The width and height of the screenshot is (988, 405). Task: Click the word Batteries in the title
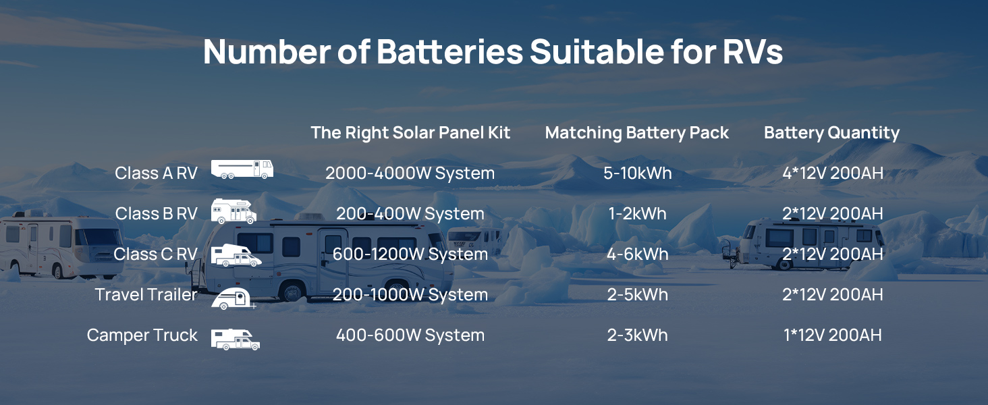coord(449,51)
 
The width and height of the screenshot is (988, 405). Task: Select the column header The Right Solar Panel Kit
coord(410,132)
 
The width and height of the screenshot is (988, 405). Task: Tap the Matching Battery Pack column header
coord(637,133)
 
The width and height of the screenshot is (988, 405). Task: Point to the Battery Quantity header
coord(832,133)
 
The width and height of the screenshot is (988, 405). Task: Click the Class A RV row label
coord(156,173)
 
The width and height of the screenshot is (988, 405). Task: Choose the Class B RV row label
coord(156,213)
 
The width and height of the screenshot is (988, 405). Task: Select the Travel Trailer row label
coord(146,294)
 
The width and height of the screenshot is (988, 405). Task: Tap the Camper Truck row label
coord(142,335)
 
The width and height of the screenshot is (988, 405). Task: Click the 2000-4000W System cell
coord(410,173)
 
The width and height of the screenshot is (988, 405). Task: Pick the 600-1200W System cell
coord(410,254)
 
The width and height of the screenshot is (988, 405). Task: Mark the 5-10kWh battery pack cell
coord(637,173)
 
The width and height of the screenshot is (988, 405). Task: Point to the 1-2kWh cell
coord(637,213)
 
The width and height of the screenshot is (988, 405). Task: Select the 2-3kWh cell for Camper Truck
coord(637,335)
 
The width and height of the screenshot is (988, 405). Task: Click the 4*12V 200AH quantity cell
coord(833,173)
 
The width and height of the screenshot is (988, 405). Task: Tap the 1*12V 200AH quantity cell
coord(833,335)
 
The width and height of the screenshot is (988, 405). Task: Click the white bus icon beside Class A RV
coord(242,169)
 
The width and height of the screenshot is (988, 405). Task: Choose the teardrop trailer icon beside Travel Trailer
coord(233,298)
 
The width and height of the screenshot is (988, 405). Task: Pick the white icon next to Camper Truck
coord(235,340)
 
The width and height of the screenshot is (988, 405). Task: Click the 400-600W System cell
coord(410,335)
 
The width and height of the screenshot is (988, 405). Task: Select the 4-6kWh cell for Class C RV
coord(637,254)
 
